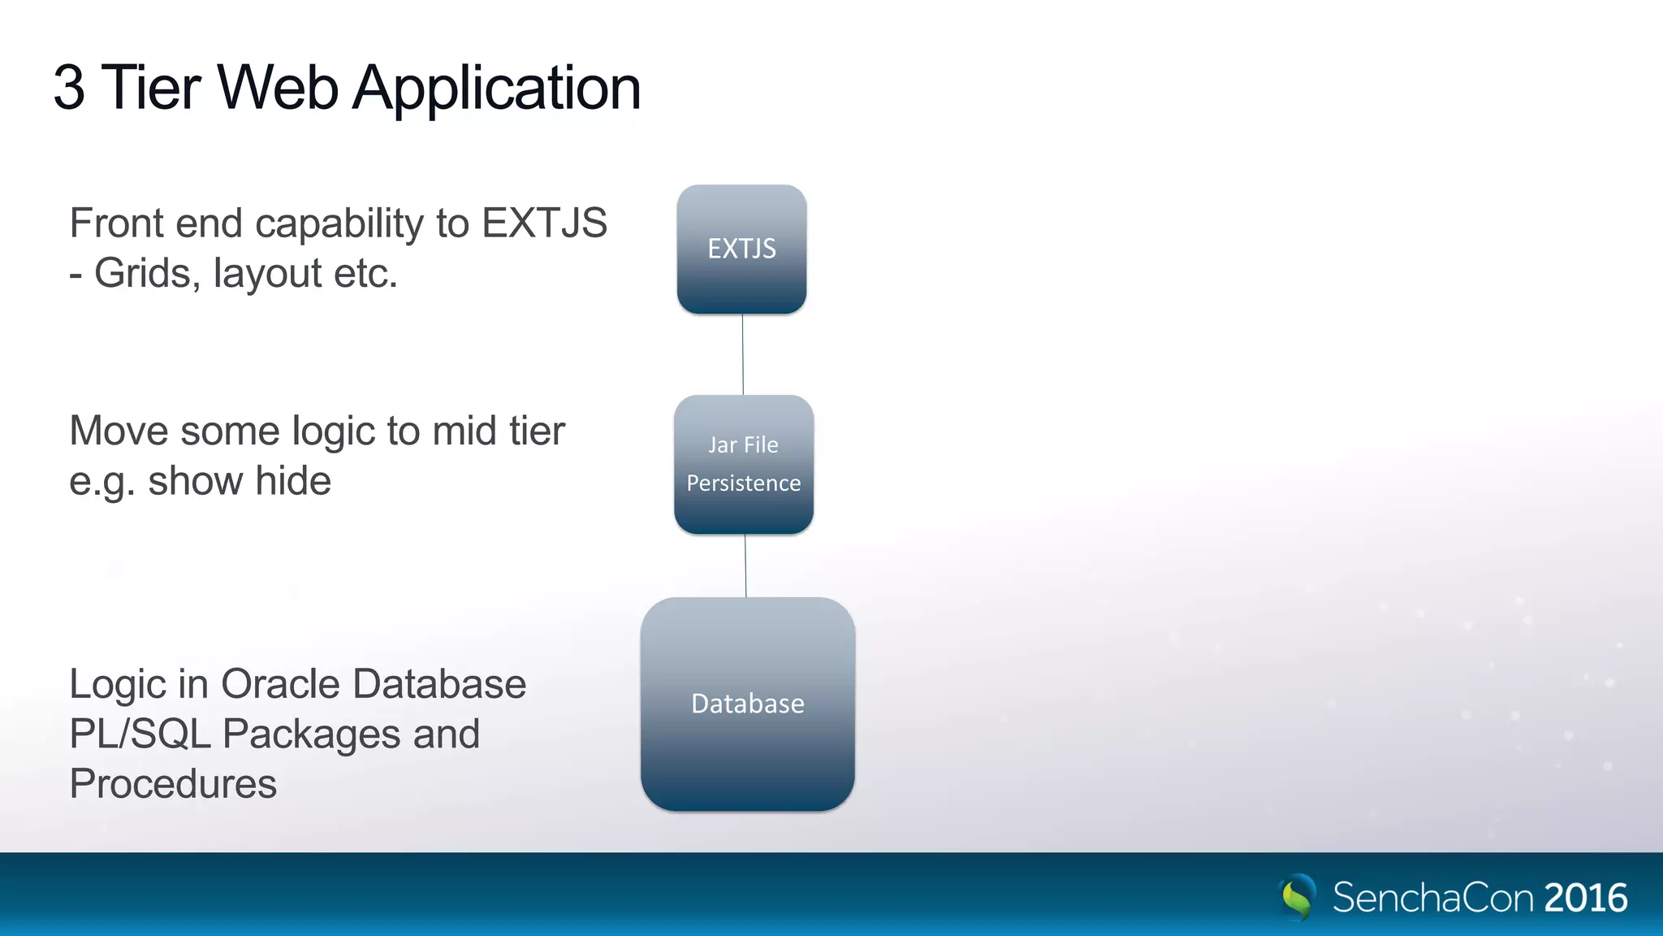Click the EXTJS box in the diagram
[741, 249]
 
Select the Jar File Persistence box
[743, 464]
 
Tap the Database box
[747, 704]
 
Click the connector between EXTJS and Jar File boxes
[742, 355]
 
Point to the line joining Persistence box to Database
[745, 566]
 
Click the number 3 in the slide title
[69, 88]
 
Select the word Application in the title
[496, 88]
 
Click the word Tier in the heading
[151, 88]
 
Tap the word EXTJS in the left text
[544, 223]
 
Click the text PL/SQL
[140, 734]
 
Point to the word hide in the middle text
[293, 481]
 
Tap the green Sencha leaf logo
[1297, 897]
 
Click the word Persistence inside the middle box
[743, 483]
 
